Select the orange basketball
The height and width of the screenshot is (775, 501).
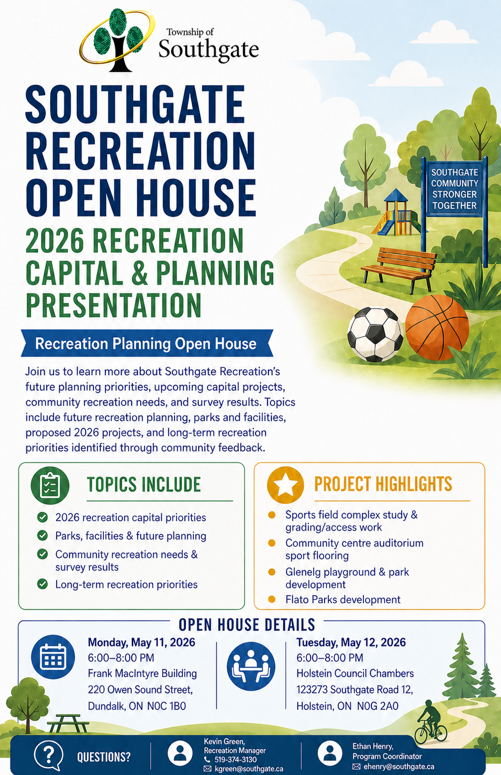[437, 327]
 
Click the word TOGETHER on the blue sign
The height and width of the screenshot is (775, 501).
[454, 206]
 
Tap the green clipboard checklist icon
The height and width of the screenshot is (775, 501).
[50, 485]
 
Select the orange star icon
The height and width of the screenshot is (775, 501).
[285, 485]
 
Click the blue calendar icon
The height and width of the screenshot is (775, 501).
[53, 657]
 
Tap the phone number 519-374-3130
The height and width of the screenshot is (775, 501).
[235, 760]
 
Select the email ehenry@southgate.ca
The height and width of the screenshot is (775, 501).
[399, 767]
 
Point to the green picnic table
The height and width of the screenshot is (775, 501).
[68, 723]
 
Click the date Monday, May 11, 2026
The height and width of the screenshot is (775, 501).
[141, 642]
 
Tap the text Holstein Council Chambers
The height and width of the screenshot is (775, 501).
[355, 673]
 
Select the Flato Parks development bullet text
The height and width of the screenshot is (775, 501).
[342, 599]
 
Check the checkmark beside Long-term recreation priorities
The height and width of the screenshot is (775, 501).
[42, 584]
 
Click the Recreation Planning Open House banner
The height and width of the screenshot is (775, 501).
[147, 343]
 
